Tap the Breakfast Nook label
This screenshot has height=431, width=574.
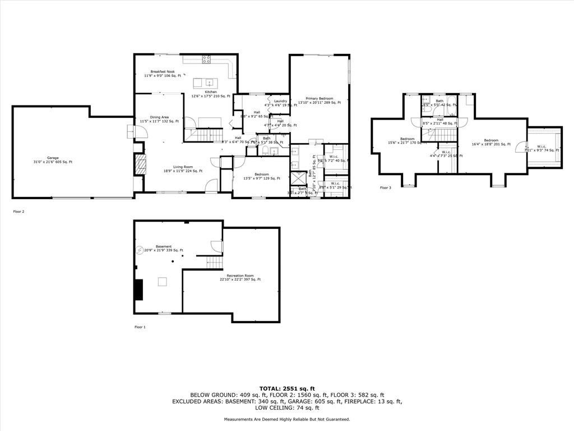(163, 74)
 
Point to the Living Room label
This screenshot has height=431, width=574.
(183, 169)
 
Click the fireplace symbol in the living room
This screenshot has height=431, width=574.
(140, 164)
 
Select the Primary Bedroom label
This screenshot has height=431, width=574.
(319, 100)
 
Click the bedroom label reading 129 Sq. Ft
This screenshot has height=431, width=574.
(261, 176)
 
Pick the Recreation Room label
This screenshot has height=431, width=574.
(240, 277)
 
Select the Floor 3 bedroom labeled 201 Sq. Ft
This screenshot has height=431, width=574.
(491, 142)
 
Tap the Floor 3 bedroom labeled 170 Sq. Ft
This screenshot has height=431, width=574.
(408, 141)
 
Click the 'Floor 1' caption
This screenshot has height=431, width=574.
(140, 327)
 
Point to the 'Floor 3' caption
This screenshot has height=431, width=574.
(385, 187)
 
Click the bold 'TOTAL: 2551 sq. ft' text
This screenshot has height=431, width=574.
(287, 388)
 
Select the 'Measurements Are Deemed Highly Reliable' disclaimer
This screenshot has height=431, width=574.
(287, 419)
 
